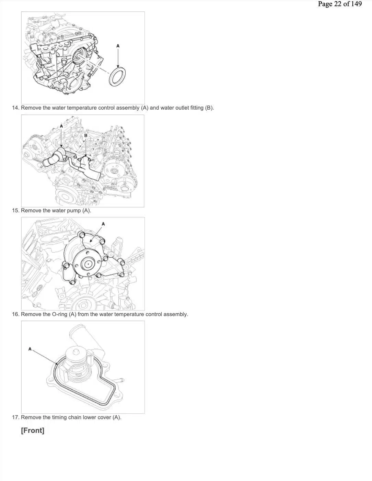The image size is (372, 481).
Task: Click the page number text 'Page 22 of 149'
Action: pos(340,4)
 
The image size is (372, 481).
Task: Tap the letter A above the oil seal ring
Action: pos(118,46)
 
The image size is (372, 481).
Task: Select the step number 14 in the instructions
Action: pos(15,108)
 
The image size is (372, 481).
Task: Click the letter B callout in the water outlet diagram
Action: pos(86,135)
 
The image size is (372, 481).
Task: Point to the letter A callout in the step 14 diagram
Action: pos(61,126)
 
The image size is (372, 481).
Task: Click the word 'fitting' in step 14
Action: pos(197,108)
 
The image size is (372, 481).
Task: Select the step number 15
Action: pos(15,211)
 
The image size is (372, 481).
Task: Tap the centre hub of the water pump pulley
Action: pos(88,264)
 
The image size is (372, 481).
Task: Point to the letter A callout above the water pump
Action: pos(103,224)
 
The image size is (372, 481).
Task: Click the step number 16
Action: pos(15,314)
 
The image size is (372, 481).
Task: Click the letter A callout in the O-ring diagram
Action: pos(30,349)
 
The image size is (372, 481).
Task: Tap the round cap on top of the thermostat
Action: pos(76,352)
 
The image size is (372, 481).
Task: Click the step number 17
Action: pos(15,417)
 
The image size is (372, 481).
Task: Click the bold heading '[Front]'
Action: pos(33,430)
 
